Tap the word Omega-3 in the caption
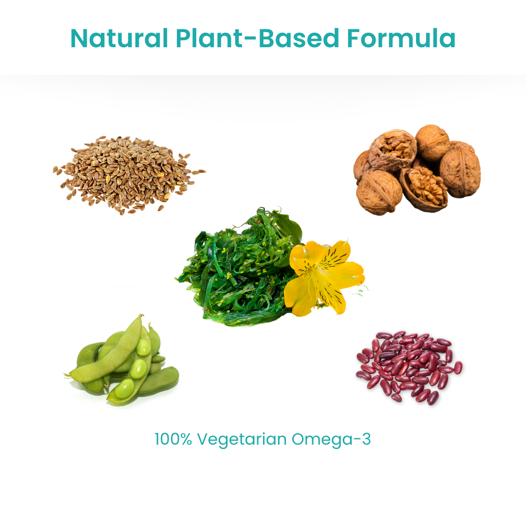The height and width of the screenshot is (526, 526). pos(331,439)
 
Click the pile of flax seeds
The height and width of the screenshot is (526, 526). pos(128,174)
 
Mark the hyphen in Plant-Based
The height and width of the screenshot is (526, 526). pos(246,39)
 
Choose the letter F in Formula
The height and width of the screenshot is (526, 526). pos(354,38)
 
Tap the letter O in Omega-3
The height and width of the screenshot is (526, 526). pos(298,439)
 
